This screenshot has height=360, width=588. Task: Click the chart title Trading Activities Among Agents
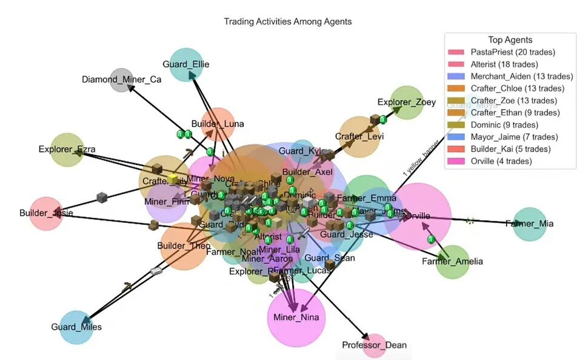[287, 21]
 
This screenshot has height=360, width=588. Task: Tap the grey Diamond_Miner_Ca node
[122, 79]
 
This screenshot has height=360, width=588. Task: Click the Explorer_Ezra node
[71, 149]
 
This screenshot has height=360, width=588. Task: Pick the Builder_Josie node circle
[46, 213]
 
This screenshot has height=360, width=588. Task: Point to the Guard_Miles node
[76, 327]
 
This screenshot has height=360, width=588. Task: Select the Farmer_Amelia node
[453, 261]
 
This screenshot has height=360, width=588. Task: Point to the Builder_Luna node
[218, 124]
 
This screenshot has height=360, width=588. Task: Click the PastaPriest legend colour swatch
[455, 52]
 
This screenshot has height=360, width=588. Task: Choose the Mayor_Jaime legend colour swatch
[455, 137]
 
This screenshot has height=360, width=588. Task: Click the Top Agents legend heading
[510, 40]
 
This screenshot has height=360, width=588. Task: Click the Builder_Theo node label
[184, 246]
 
